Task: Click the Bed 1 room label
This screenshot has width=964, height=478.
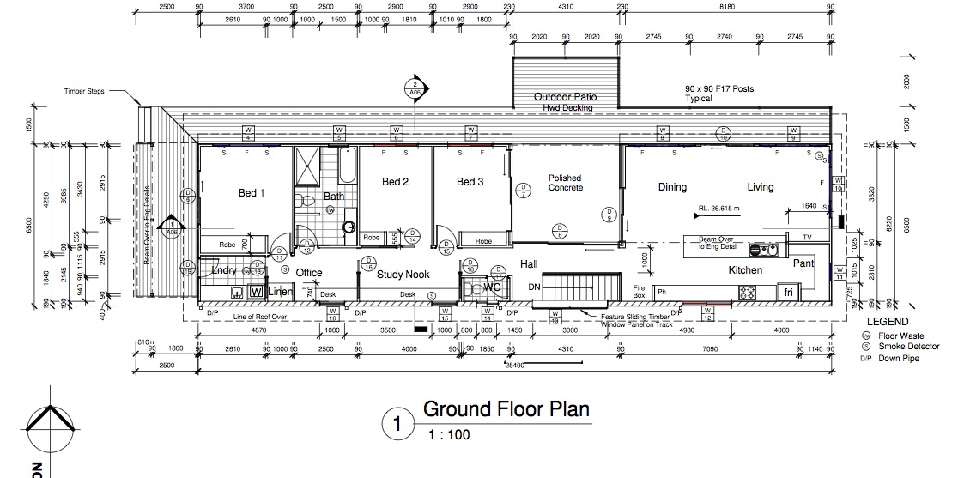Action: (x=252, y=193)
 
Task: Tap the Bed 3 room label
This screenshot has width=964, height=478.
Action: (x=470, y=182)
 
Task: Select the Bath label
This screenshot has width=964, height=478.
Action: (x=334, y=197)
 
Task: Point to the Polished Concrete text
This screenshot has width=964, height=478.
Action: (x=565, y=183)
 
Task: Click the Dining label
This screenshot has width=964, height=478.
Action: (x=672, y=187)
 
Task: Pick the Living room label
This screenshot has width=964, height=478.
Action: (x=760, y=187)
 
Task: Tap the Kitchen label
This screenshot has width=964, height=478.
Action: (x=745, y=270)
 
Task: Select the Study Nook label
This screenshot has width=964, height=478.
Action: (x=403, y=275)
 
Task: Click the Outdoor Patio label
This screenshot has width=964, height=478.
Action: (x=565, y=97)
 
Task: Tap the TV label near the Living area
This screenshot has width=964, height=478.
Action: (x=806, y=237)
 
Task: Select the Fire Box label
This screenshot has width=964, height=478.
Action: (x=639, y=291)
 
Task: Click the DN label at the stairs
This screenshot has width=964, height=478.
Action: (x=533, y=287)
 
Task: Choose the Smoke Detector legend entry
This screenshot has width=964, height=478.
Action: (x=908, y=347)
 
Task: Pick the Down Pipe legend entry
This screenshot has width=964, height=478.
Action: (x=898, y=358)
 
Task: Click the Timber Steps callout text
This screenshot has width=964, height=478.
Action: (x=84, y=90)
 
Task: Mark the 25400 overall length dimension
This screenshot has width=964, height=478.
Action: (x=513, y=365)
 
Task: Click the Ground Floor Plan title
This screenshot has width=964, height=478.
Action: (x=506, y=408)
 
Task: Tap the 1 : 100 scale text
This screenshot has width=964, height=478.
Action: (x=449, y=434)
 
